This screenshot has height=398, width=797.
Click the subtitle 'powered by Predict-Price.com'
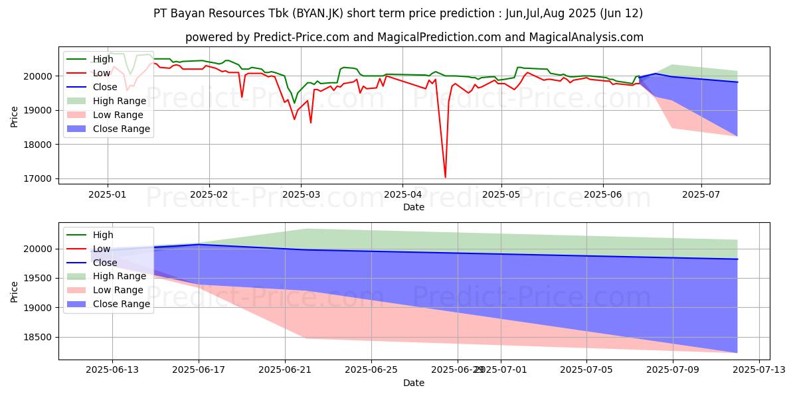pyautogui.click(x=414, y=38)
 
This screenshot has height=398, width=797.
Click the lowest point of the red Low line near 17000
pyautogui.click(x=445, y=177)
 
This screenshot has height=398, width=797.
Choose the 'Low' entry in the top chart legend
pyautogui.click(x=103, y=73)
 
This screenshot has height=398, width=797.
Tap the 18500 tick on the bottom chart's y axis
pyautogui.click(x=39, y=338)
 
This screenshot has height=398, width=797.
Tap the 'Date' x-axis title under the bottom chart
pyautogui.click(x=414, y=383)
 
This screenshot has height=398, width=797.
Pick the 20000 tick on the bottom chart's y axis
pyautogui.click(x=39, y=249)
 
